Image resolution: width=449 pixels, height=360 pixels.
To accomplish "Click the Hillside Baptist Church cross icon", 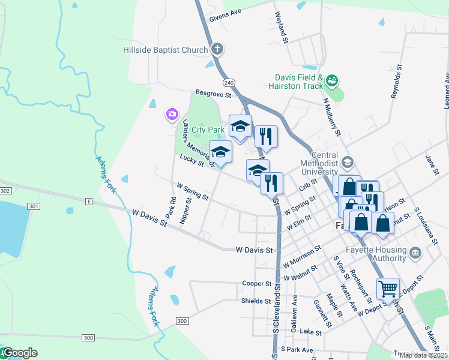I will click(217, 50).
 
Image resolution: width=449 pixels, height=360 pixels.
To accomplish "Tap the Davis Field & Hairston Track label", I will click(300, 82).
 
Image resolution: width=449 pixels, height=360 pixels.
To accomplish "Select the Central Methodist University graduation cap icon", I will click(347, 162).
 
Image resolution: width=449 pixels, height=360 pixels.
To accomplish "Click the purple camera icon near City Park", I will click(172, 113).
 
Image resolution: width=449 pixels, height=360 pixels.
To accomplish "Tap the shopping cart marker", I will click(388, 289).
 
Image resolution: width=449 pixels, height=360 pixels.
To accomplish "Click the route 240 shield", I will click(228, 82).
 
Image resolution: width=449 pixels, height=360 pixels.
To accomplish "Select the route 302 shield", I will click(5, 190).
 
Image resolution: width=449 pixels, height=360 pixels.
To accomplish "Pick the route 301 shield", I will click(34, 206).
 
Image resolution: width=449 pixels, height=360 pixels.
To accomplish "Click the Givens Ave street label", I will click(224, 14).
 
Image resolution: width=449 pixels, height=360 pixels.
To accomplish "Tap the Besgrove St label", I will click(213, 94).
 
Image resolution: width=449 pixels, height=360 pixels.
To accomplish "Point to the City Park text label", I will click(207, 129).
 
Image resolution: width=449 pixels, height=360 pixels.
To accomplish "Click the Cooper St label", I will click(256, 283).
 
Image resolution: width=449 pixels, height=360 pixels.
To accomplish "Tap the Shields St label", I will click(256, 301).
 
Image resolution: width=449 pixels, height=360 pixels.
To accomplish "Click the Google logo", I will click(19, 353).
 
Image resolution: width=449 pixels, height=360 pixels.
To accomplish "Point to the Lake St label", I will click(311, 332).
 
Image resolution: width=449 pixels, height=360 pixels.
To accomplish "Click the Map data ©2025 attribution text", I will click(423, 355).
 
